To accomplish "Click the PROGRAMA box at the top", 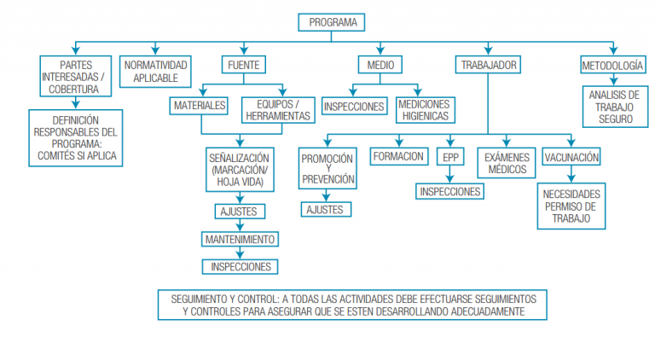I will [x=332, y=22].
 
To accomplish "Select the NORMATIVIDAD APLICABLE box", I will [x=156, y=71].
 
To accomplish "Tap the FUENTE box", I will [x=243, y=65].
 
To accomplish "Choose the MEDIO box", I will [x=375, y=65].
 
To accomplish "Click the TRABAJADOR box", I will [x=488, y=65].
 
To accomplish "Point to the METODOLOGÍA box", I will [x=612, y=65].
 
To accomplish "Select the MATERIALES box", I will [x=199, y=106].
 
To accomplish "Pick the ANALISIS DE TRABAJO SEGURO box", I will [x=612, y=107].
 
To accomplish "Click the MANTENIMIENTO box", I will [x=239, y=240].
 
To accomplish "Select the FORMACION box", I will [x=398, y=156].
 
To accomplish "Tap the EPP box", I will [x=449, y=157].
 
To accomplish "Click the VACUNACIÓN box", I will [x=571, y=157].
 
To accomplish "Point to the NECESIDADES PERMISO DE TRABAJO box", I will [x=571, y=206].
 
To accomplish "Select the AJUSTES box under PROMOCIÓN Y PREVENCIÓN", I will [x=324, y=209].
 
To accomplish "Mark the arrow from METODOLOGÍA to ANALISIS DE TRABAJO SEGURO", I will [x=612, y=78].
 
